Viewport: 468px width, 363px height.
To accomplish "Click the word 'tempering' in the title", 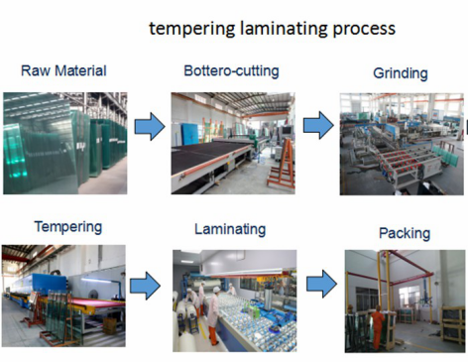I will point(188,28).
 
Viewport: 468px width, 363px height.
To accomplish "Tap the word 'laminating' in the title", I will point(277,28).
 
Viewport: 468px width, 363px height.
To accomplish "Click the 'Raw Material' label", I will point(62,71).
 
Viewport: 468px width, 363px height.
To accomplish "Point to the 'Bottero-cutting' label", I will point(231,71).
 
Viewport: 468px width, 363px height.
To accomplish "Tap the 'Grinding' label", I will point(400,74).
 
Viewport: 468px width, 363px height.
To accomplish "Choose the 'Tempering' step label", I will point(67,226).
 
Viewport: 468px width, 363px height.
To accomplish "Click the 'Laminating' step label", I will point(231,229).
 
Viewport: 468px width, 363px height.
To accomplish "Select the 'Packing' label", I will point(404,234).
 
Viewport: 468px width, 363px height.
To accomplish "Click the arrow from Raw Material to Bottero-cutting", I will point(149,127).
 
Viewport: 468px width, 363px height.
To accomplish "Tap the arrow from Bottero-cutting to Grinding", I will point(317,125).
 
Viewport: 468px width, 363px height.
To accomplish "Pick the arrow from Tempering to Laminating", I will point(145,286).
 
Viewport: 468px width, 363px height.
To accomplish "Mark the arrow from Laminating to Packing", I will point(320,284).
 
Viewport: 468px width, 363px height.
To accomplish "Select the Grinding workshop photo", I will point(402,143).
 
